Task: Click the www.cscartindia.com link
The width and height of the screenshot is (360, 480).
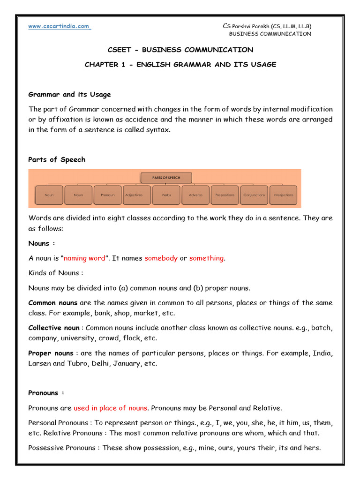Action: pyautogui.click(x=59, y=26)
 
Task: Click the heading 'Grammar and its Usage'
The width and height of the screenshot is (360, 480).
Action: pyautogui.click(x=69, y=94)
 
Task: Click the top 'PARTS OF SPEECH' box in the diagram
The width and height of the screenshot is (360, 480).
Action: pyautogui.click(x=166, y=178)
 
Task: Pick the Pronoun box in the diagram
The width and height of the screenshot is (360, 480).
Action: pyautogui.click(x=107, y=195)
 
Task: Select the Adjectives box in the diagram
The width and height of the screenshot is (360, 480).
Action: pyautogui.click(x=137, y=195)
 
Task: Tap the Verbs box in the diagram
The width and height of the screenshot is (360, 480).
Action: pyautogui.click(x=166, y=195)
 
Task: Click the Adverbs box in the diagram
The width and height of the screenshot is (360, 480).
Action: pyautogui.click(x=195, y=195)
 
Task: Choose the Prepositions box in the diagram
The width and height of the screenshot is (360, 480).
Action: pyautogui.click(x=225, y=195)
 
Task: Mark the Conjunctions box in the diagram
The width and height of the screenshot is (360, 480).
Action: pyautogui.click(x=254, y=195)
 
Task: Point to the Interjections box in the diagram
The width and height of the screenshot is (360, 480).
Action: pyautogui.click(x=283, y=195)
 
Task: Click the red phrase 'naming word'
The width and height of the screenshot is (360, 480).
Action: pyautogui.click(x=84, y=258)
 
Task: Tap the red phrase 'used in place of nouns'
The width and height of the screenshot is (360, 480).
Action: pyautogui.click(x=110, y=408)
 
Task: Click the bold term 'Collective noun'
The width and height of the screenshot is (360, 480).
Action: pyautogui.click(x=54, y=328)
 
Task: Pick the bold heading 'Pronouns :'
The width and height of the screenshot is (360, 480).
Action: pyautogui.click(x=46, y=393)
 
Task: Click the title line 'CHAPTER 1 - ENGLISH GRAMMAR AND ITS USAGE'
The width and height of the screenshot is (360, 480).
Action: pyautogui.click(x=180, y=65)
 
